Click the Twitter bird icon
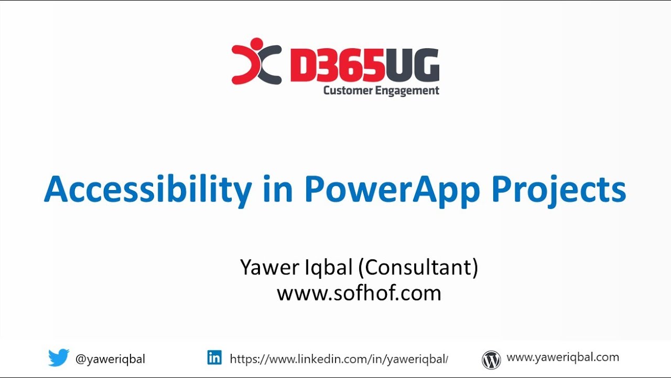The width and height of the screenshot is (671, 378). pyautogui.click(x=59, y=358)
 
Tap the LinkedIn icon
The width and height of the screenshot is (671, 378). pyautogui.click(x=214, y=358)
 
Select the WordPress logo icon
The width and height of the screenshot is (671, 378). pyautogui.click(x=491, y=360)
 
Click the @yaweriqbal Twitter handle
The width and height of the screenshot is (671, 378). pyautogui.click(x=110, y=359)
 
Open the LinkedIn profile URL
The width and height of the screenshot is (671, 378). pyautogui.click(x=339, y=359)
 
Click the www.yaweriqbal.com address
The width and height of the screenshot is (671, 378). pyautogui.click(x=562, y=358)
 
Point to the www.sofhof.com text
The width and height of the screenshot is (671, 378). pyautogui.click(x=359, y=293)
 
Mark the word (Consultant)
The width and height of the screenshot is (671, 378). pyautogui.click(x=418, y=267)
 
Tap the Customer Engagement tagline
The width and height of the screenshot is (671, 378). pyautogui.click(x=381, y=91)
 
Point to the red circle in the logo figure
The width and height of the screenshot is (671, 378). pyautogui.click(x=257, y=44)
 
